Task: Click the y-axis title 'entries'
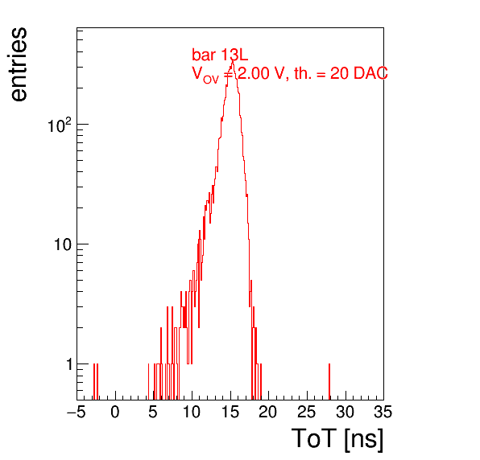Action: [19, 64]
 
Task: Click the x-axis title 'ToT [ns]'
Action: [337, 439]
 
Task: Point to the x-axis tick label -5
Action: [76, 412]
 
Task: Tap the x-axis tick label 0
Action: [115, 412]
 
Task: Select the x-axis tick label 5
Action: [153, 412]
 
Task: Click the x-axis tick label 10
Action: [192, 412]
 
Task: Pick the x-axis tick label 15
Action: [230, 412]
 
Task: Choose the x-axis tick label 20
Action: [268, 412]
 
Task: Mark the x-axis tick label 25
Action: [306, 412]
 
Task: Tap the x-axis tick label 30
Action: [345, 412]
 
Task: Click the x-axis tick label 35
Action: [383, 412]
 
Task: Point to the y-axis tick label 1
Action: [69, 364]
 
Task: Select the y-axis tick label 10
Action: [64, 244]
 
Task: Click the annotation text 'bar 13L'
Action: [220, 55]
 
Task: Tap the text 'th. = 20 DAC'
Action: [341, 73]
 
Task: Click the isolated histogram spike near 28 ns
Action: [329, 381]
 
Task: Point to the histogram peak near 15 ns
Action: [232, 60]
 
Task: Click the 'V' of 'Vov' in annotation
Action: [197, 73]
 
